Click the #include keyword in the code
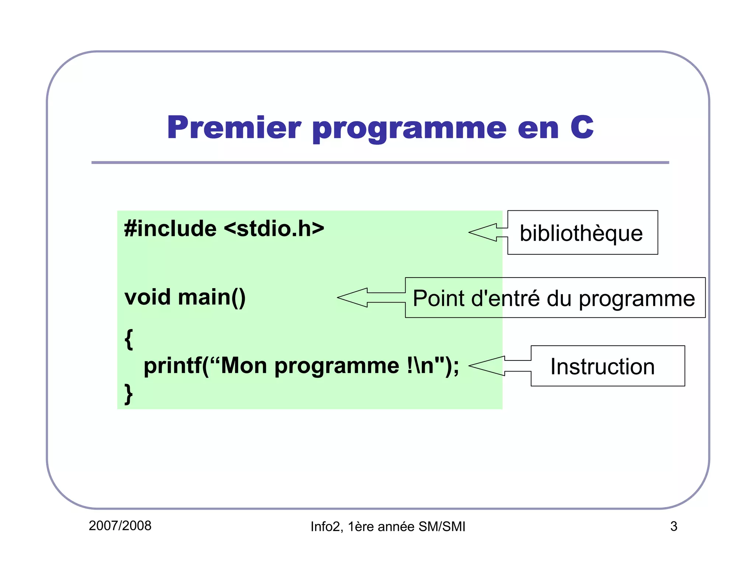[x=170, y=228]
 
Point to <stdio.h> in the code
[x=274, y=228]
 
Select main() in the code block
[x=212, y=298]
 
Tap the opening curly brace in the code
[x=128, y=339]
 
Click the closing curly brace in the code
[x=128, y=394]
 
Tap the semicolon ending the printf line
[x=456, y=367]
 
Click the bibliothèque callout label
[x=581, y=233]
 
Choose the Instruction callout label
[x=602, y=366]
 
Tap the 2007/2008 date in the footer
[x=120, y=526]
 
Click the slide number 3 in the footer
[x=674, y=527]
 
